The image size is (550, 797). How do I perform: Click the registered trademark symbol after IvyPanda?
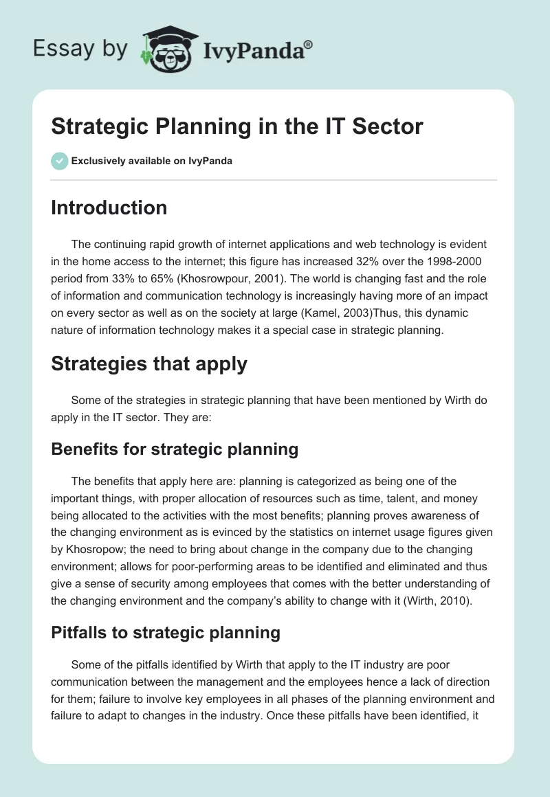(x=308, y=45)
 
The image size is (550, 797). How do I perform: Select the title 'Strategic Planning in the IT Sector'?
(x=236, y=126)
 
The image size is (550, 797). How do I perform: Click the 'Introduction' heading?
(x=109, y=207)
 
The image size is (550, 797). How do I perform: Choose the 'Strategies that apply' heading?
(x=148, y=363)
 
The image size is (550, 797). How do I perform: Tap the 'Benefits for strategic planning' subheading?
(x=174, y=449)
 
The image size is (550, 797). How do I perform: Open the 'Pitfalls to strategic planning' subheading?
(x=165, y=632)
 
